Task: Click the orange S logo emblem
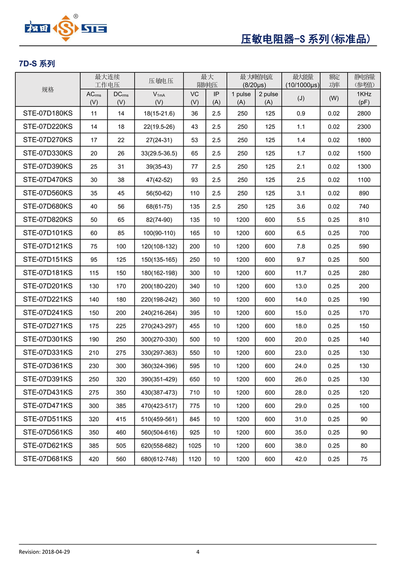[66, 28]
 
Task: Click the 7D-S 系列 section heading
[37, 64]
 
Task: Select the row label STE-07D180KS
[48, 113]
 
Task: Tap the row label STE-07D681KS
[48, 459]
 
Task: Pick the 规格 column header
[48, 89]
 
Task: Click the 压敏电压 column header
[159, 81]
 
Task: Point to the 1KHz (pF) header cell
[364, 98]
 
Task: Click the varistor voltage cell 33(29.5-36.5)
[159, 153]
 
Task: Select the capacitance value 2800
[364, 113]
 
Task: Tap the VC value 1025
[195, 446]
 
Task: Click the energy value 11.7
[301, 273]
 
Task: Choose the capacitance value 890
[364, 193]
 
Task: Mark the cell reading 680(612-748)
[159, 459]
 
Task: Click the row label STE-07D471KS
[48, 406]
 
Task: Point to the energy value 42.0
[301, 459]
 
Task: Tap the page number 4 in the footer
[198, 552]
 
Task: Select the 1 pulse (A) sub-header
[241, 98]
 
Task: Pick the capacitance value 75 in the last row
[364, 459]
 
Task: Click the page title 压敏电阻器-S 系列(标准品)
[305, 39]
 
